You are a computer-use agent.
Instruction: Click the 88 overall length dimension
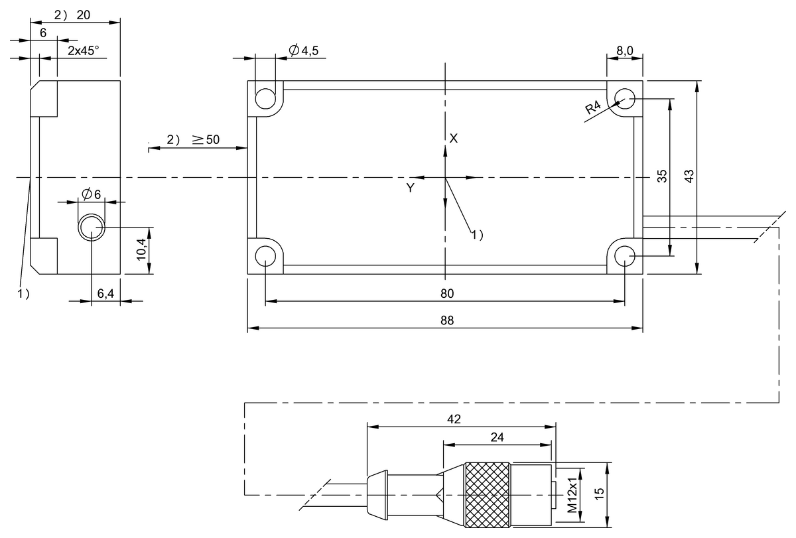click(446, 320)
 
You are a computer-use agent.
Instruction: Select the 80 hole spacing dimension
click(446, 293)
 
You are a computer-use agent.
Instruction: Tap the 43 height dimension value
click(689, 176)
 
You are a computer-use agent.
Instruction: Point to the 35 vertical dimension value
click(661, 176)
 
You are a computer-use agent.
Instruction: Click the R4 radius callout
click(594, 108)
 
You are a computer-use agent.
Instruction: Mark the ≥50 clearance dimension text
click(206, 139)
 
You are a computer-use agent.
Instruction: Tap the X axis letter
click(454, 138)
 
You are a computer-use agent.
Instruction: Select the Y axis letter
click(411, 188)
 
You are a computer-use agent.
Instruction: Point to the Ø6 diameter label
click(91, 194)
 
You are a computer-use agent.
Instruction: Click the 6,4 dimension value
click(105, 293)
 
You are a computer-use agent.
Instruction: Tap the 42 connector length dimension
click(454, 419)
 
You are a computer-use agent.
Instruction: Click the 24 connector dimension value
click(497, 437)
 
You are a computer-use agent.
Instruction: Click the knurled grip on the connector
click(488, 495)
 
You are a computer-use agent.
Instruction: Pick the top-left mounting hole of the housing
click(266, 99)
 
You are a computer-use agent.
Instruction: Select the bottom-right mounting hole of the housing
click(624, 255)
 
